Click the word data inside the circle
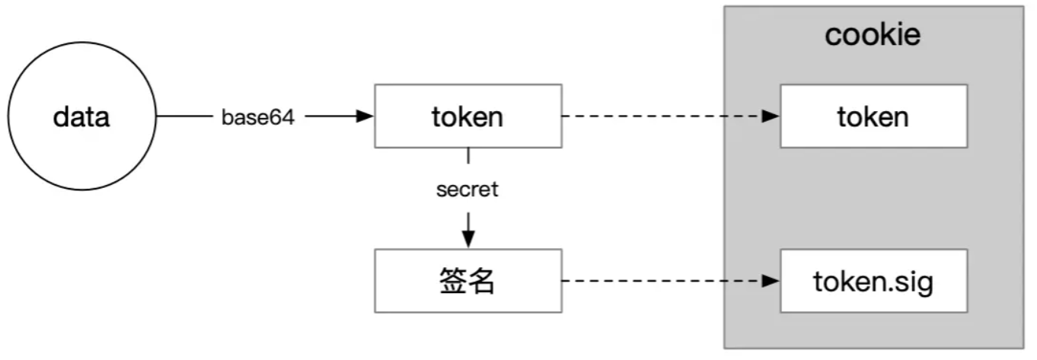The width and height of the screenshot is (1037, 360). coord(81,118)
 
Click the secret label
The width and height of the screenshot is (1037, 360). coord(467,190)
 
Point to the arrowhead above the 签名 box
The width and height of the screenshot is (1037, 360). coord(468,239)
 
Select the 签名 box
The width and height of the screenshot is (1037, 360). coord(467,298)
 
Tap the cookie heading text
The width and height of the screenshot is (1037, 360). coord(873,35)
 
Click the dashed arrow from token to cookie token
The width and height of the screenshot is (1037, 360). coord(662,116)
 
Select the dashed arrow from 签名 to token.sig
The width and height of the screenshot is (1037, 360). coord(662,281)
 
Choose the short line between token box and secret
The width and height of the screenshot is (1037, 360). coord(468,157)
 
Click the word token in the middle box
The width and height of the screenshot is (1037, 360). coord(467,117)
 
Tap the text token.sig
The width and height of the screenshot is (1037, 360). coord(873,282)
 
